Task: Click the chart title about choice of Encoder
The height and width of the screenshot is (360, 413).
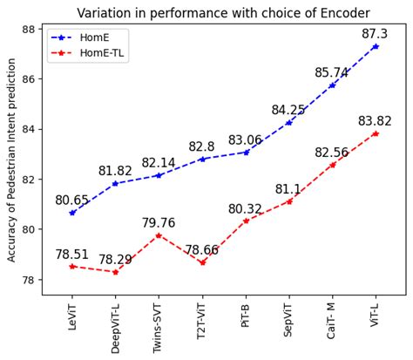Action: point(224,12)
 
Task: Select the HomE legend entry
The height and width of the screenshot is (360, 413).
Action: point(91,38)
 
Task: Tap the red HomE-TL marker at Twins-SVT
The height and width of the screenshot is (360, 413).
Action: point(159,235)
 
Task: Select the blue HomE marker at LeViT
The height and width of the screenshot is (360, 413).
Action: point(72,213)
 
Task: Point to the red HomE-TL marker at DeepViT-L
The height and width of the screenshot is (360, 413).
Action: point(115,272)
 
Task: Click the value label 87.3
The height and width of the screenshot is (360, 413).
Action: point(376,33)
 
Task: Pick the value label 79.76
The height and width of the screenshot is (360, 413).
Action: point(159,223)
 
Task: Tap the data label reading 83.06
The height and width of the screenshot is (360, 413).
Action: point(246,139)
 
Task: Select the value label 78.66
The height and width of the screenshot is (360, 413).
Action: point(202,250)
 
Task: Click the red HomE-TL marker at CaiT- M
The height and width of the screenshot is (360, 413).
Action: point(333,165)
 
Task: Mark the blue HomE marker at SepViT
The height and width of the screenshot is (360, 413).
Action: point(289,122)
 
